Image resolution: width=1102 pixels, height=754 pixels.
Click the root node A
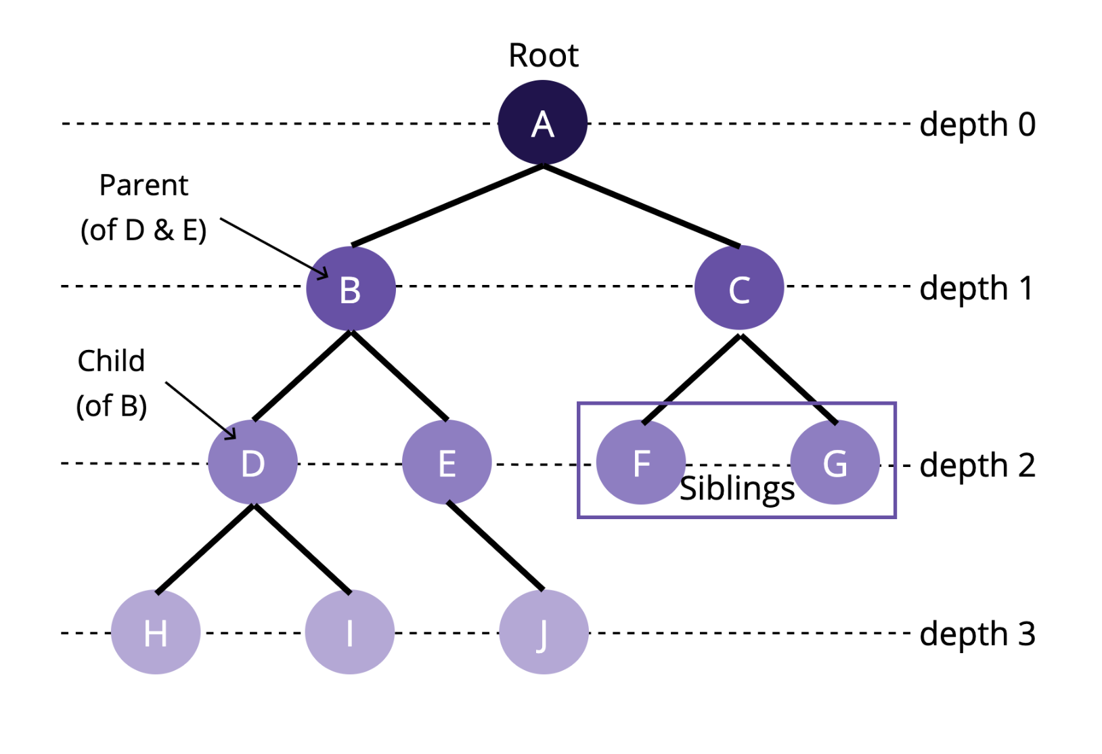click(542, 123)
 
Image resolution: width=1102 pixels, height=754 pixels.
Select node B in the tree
click(350, 288)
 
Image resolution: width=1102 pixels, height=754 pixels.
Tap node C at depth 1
click(739, 288)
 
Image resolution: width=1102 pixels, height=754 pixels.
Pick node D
click(252, 463)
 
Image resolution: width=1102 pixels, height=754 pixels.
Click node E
click(447, 463)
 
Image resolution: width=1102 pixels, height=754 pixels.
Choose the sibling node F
click(640, 463)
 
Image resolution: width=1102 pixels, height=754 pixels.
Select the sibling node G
click(835, 463)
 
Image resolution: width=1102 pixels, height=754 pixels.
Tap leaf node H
click(156, 632)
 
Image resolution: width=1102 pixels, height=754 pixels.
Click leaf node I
click(349, 632)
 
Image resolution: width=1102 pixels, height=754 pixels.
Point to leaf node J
click(543, 632)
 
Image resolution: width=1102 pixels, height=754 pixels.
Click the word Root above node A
click(543, 56)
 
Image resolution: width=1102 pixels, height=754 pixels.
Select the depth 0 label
click(977, 125)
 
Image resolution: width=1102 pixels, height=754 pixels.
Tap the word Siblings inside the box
click(736, 489)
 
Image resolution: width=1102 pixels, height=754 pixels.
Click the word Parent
click(144, 185)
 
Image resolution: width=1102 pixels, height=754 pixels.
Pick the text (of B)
click(112, 406)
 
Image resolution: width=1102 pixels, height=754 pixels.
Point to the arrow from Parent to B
click(273, 248)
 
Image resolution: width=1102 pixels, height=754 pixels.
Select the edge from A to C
click(641, 206)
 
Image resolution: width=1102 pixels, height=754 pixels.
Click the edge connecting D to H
click(205, 548)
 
